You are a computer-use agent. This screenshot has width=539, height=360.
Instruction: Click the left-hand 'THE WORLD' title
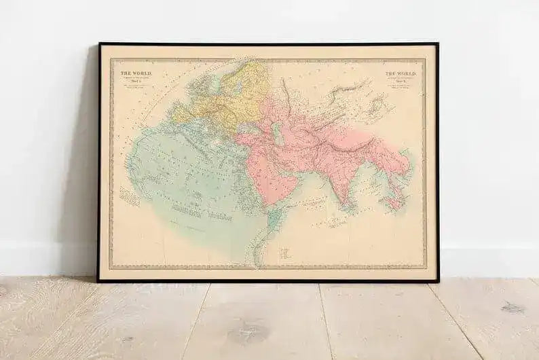[x=136, y=72]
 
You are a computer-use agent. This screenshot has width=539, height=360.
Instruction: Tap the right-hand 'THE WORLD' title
[x=400, y=73]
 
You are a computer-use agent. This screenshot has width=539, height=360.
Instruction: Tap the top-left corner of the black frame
[x=100, y=44]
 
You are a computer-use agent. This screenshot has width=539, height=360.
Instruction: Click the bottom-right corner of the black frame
[x=438, y=281]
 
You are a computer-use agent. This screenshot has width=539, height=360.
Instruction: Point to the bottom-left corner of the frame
[x=98, y=281]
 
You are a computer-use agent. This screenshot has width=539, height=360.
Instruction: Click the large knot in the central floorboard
[x=248, y=333]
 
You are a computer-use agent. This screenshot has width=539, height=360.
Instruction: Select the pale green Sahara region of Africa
[x=183, y=170]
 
